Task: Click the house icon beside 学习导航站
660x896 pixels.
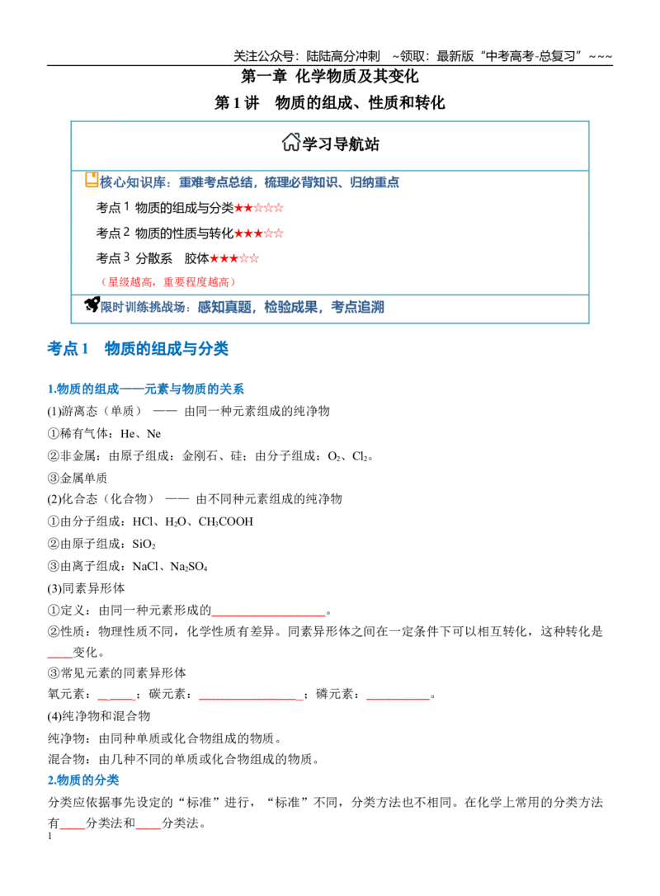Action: [291, 142]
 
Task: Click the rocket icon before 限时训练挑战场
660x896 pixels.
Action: [92, 304]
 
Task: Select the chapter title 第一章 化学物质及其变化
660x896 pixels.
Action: [330, 76]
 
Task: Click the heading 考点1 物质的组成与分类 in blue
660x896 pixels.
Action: [138, 348]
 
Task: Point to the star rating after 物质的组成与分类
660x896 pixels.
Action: [259, 208]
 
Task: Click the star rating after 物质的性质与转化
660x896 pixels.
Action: [259, 233]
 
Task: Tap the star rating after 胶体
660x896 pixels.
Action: [234, 258]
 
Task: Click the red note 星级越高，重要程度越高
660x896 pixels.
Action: [168, 281]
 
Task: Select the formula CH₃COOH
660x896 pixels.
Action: [226, 521]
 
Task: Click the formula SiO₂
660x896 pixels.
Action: [144, 544]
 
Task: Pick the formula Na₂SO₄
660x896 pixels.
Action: [189, 567]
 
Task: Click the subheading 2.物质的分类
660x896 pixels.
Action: [83, 780]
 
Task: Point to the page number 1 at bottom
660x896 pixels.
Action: [49, 836]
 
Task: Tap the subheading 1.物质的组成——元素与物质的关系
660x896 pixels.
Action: [146, 389]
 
